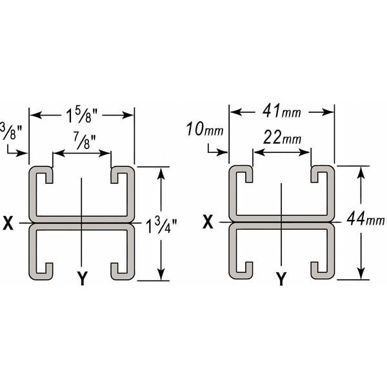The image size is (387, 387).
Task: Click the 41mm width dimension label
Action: coord(282,112)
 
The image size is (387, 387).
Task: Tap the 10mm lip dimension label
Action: coord(204,129)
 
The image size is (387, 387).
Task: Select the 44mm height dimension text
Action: coord(364,219)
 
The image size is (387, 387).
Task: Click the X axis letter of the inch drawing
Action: coord(8,223)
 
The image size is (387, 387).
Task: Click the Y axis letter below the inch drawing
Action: coord(81,278)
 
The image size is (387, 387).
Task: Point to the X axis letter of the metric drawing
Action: coord(208,223)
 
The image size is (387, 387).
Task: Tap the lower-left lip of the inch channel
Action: coord(44,270)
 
